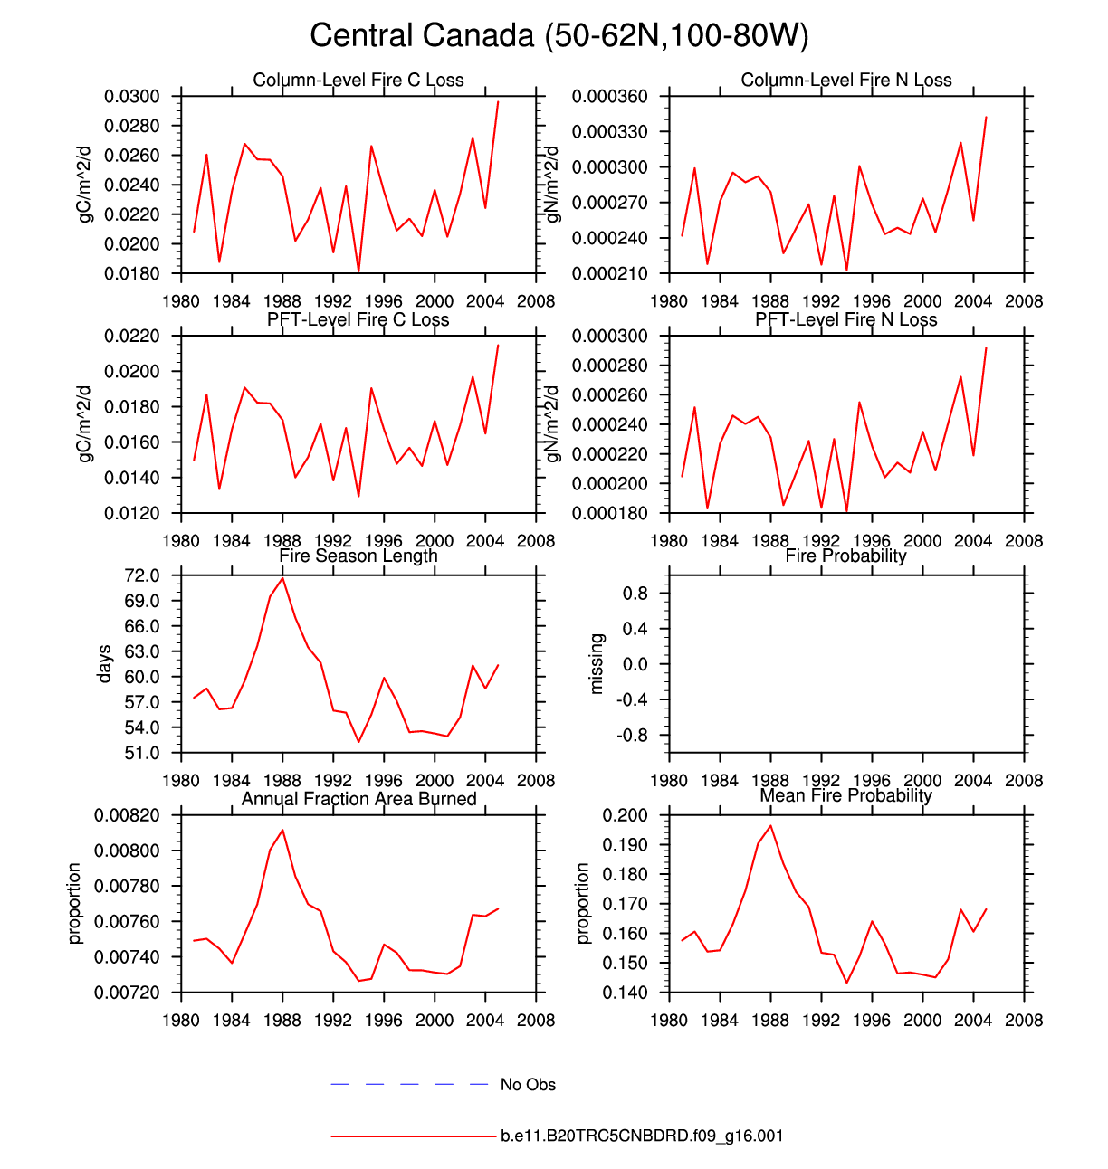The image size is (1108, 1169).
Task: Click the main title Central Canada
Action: pos(559,36)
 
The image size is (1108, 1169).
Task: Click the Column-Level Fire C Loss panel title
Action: pos(358,81)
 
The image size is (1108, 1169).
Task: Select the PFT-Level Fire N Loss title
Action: pos(846,320)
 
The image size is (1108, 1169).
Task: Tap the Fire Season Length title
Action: pos(358,556)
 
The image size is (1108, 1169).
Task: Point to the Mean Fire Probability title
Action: pos(846,796)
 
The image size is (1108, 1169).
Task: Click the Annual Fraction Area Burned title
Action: pos(358,799)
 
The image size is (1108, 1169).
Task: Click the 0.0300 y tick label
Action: pos(132,97)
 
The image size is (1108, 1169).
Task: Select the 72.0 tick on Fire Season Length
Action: pos(142,575)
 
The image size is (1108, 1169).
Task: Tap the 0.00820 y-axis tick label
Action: pos(127,815)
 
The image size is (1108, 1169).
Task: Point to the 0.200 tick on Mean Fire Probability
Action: pos(625,815)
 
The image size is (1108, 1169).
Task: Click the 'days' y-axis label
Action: pos(105,664)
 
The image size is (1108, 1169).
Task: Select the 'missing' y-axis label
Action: pos(596,664)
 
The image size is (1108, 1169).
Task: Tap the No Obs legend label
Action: pos(528,1085)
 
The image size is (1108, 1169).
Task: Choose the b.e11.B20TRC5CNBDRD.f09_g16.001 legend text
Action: pos(642,1136)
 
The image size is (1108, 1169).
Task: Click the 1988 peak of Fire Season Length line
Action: pos(283,577)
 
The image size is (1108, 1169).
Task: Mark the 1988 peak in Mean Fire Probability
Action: pos(770,825)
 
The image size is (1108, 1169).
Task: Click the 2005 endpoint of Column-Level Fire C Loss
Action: pos(498,101)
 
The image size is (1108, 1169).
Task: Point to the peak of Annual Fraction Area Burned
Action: pos(283,830)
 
